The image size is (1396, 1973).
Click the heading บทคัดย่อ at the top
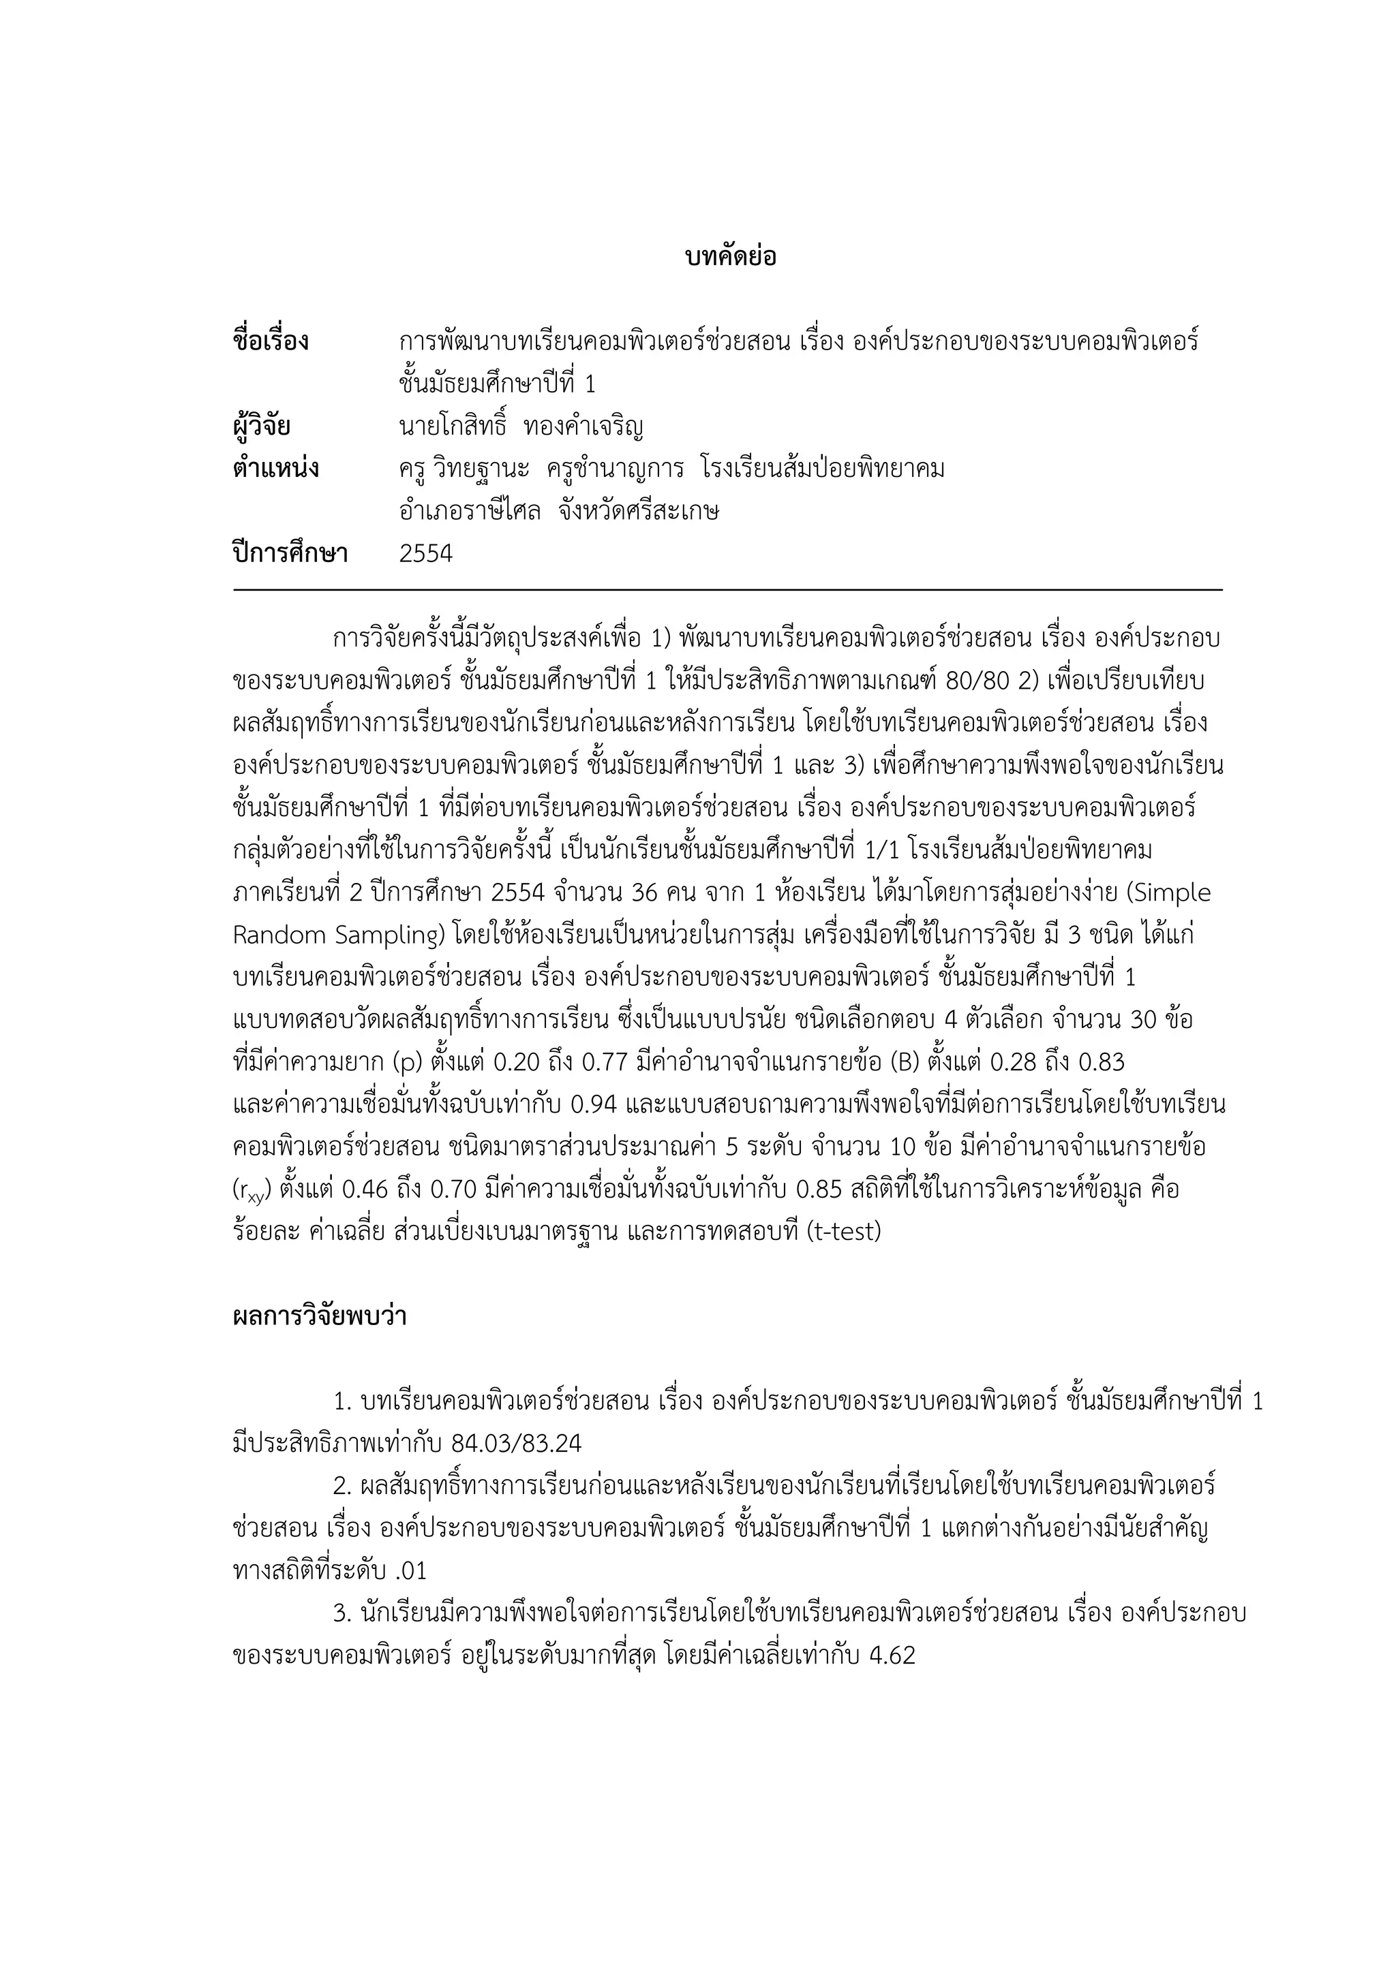[731, 256]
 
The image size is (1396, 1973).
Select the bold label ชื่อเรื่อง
[270, 341]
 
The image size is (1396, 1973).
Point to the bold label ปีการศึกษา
[290, 553]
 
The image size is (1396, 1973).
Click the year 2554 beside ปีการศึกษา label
[425, 553]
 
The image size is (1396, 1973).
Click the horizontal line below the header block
[727, 591]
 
